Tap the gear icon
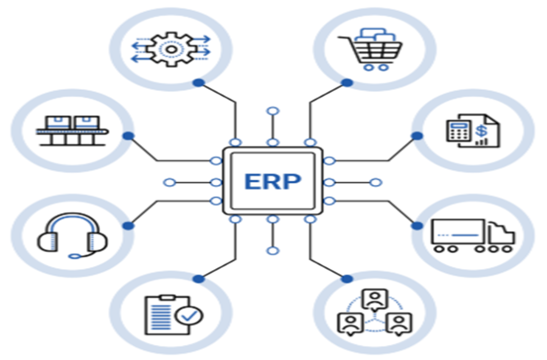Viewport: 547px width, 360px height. [171, 49]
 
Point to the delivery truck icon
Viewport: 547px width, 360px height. [472, 236]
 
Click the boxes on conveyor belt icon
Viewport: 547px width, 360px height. [72, 129]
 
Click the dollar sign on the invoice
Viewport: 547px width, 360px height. [482, 130]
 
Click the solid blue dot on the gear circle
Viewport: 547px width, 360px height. [199, 83]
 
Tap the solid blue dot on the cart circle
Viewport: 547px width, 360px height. [347, 83]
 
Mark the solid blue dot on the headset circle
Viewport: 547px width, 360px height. [128, 226]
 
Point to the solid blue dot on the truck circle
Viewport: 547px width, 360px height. [417, 226]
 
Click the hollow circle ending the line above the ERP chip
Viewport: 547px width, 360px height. [273, 111]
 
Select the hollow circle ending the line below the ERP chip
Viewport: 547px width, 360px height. [273, 251]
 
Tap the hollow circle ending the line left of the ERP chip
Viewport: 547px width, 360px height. [170, 182]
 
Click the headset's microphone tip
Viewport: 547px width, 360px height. [74, 256]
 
